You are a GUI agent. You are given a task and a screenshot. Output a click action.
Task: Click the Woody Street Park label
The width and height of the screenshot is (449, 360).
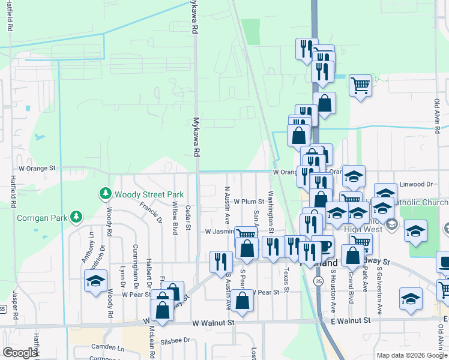click(149, 194)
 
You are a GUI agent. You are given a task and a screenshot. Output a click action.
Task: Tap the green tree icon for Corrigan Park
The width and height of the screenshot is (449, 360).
click(76, 216)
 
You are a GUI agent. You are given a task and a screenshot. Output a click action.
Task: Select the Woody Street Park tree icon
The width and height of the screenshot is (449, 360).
click(106, 194)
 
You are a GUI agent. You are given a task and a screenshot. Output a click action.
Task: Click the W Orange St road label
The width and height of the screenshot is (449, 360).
click(37, 169)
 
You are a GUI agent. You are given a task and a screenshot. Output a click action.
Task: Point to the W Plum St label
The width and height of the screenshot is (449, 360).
click(249, 202)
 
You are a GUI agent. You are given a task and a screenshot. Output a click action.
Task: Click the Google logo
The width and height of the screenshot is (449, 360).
click(20, 353)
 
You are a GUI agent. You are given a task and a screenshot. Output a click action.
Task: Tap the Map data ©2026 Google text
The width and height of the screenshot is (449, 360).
click(411, 355)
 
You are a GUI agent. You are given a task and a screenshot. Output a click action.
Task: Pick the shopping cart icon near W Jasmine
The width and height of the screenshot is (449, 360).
click(245, 234)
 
